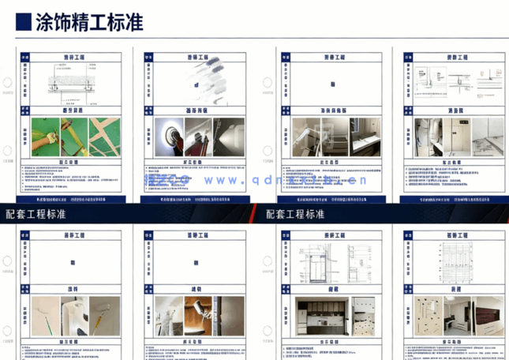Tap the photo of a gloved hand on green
pyautogui.click(x=47, y=135)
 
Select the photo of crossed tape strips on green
pyautogui.click(x=107, y=135)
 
